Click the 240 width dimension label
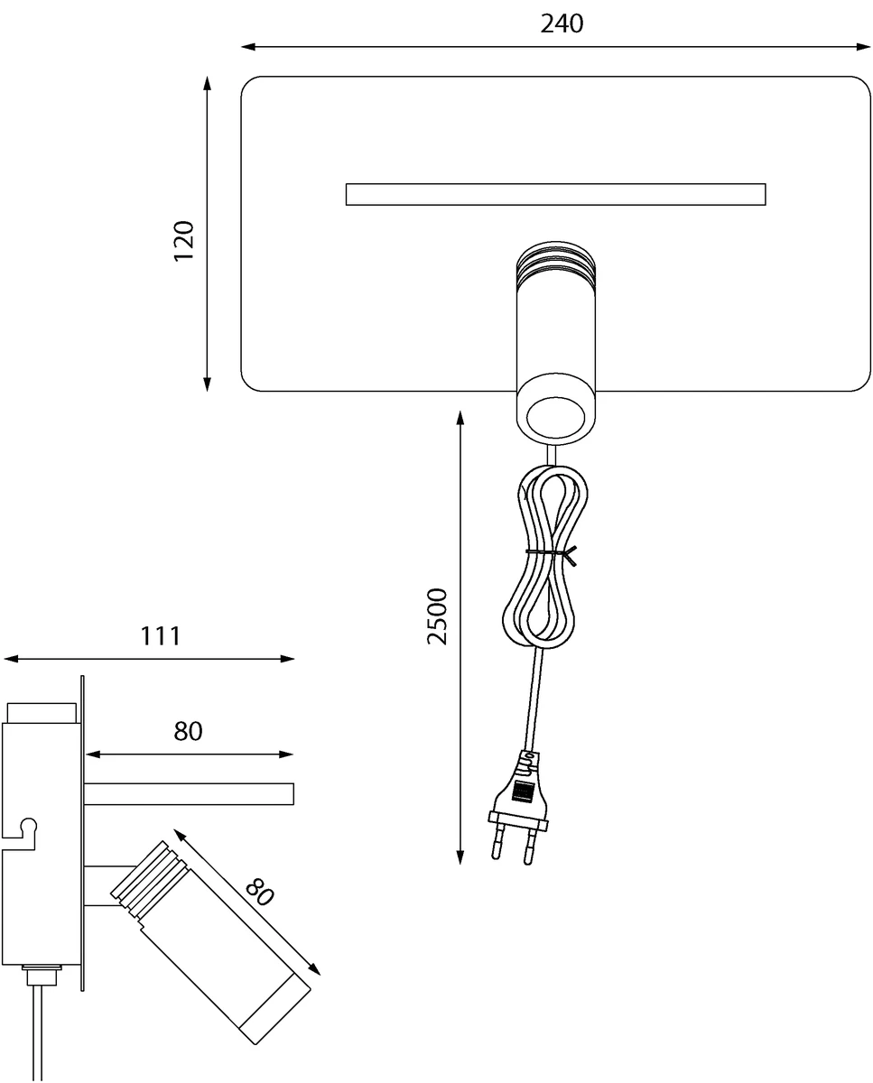click(x=562, y=23)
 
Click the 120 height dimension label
click(x=184, y=240)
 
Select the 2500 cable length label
click(x=438, y=616)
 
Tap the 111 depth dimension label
click(x=161, y=635)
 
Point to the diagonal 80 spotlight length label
click(x=259, y=893)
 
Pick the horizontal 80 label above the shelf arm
click(x=188, y=731)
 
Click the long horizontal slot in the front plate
click(x=554, y=194)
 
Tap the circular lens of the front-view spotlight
click(x=555, y=417)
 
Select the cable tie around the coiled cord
click(x=549, y=551)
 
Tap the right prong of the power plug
click(x=531, y=847)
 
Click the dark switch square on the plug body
click(x=522, y=791)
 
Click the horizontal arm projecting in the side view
click(x=189, y=794)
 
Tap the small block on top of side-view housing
click(x=41, y=711)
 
